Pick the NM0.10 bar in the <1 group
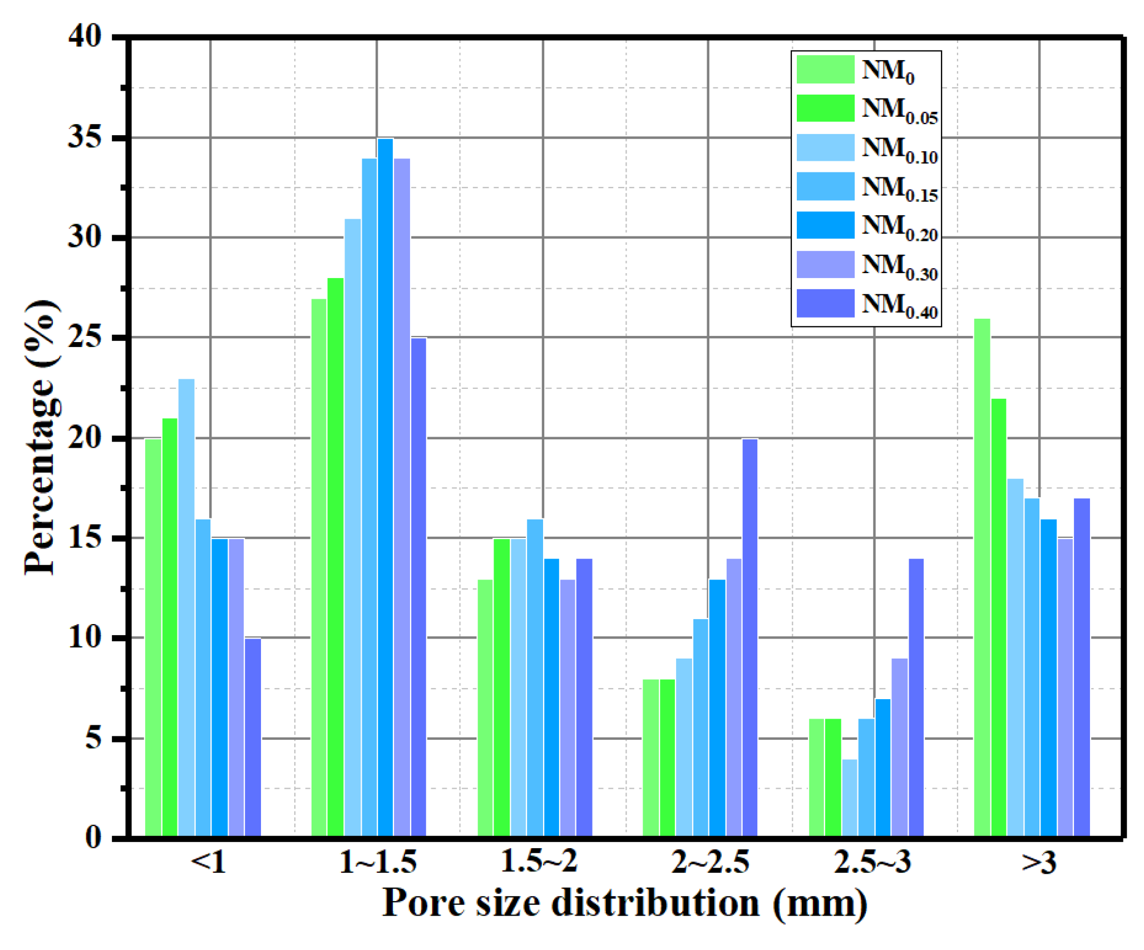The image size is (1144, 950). [186, 607]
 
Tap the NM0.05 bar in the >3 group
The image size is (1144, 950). [999, 617]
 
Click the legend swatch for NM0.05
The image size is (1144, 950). [825, 108]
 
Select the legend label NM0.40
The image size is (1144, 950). [899, 305]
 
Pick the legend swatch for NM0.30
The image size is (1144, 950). [825, 264]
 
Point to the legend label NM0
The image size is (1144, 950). [887, 72]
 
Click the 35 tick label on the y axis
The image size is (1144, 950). [85, 137]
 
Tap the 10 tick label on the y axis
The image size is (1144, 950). [85, 637]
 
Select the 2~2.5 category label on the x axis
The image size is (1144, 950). [710, 863]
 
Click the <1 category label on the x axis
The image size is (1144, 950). [209, 863]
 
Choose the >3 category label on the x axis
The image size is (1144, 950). [1038, 863]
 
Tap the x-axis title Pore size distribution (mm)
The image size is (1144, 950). [624, 903]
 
